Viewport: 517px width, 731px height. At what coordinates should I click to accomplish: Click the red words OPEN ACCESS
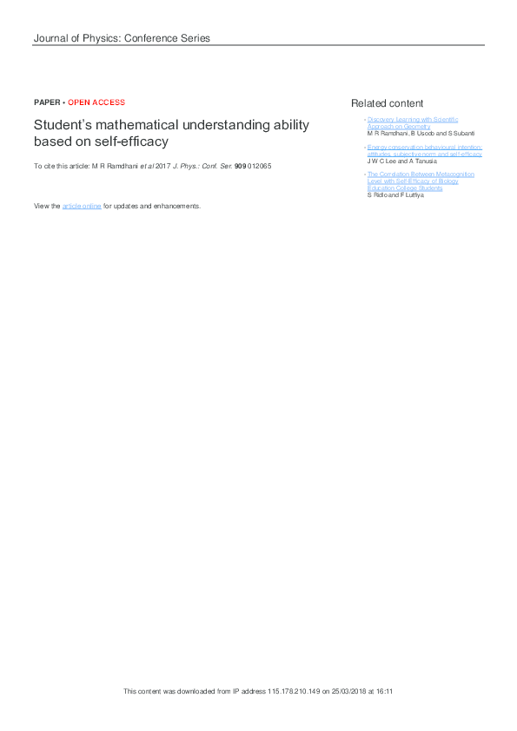click(x=96, y=102)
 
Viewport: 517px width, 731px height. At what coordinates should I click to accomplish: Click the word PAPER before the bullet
click(x=47, y=102)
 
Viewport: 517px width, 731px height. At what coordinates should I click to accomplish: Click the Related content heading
click(x=388, y=103)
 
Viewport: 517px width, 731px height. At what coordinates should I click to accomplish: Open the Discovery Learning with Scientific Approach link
click(x=413, y=122)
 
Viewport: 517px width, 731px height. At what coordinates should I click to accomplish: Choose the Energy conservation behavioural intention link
click(x=425, y=150)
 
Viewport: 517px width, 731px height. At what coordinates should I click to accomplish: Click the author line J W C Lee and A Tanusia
click(x=402, y=161)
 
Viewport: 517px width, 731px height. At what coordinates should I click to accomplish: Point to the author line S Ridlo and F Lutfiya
click(x=396, y=195)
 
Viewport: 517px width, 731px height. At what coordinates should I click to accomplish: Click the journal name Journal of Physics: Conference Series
click(x=122, y=38)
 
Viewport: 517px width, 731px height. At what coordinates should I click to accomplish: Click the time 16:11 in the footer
click(x=385, y=691)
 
